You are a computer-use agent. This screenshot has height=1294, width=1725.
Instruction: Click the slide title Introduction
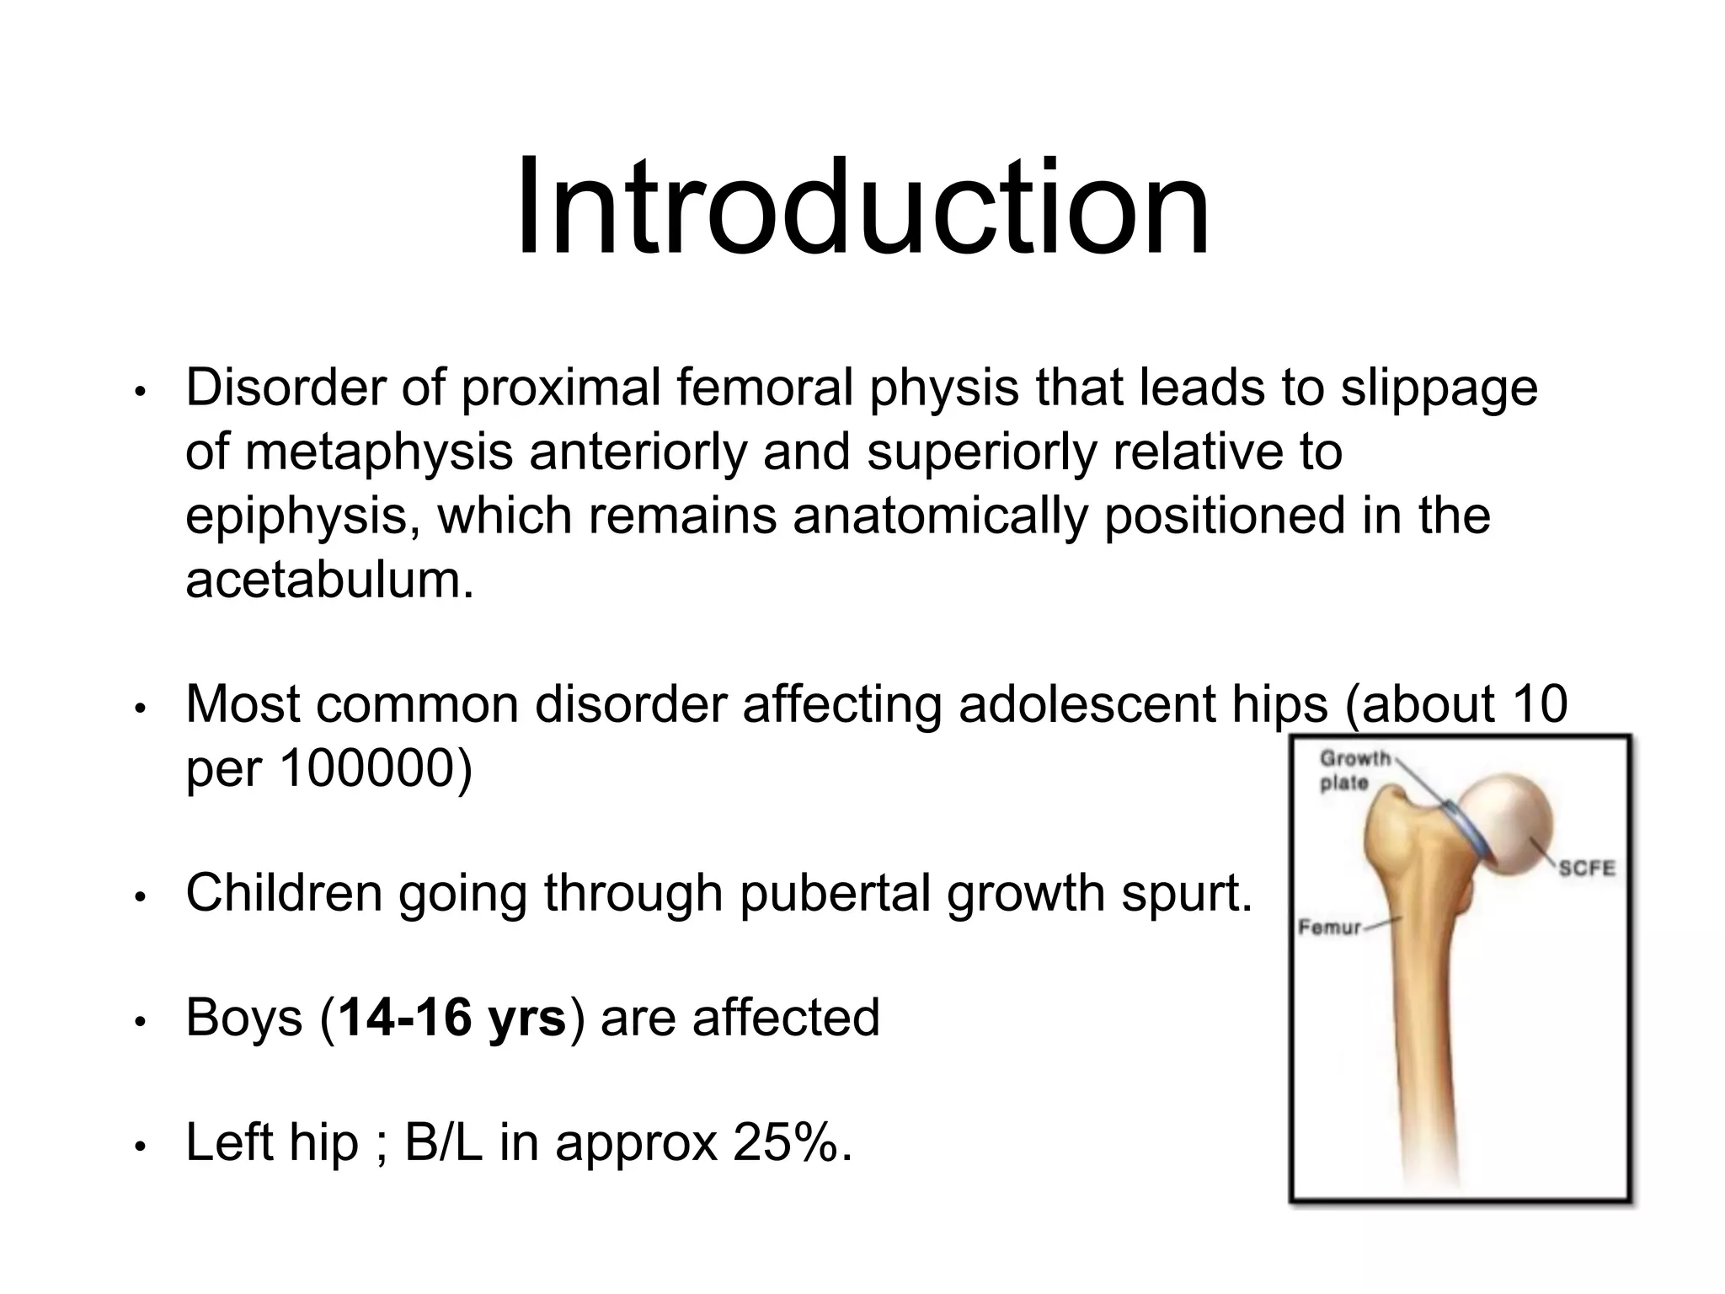pyautogui.click(x=862, y=208)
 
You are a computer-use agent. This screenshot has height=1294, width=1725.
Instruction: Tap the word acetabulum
pyautogui.click(x=328, y=580)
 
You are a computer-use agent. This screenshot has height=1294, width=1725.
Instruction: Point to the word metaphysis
pyautogui.click(x=379, y=452)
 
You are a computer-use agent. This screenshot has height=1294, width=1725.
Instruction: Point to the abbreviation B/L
pyautogui.click(x=444, y=1143)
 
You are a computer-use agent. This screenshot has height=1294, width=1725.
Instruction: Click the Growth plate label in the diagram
pyautogui.click(x=1354, y=770)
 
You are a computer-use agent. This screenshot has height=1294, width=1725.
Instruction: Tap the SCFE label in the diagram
pyautogui.click(x=1585, y=869)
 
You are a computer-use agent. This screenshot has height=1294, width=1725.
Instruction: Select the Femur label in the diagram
pyautogui.click(x=1329, y=928)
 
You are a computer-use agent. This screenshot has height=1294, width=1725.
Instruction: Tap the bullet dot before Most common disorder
pyautogui.click(x=142, y=708)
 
